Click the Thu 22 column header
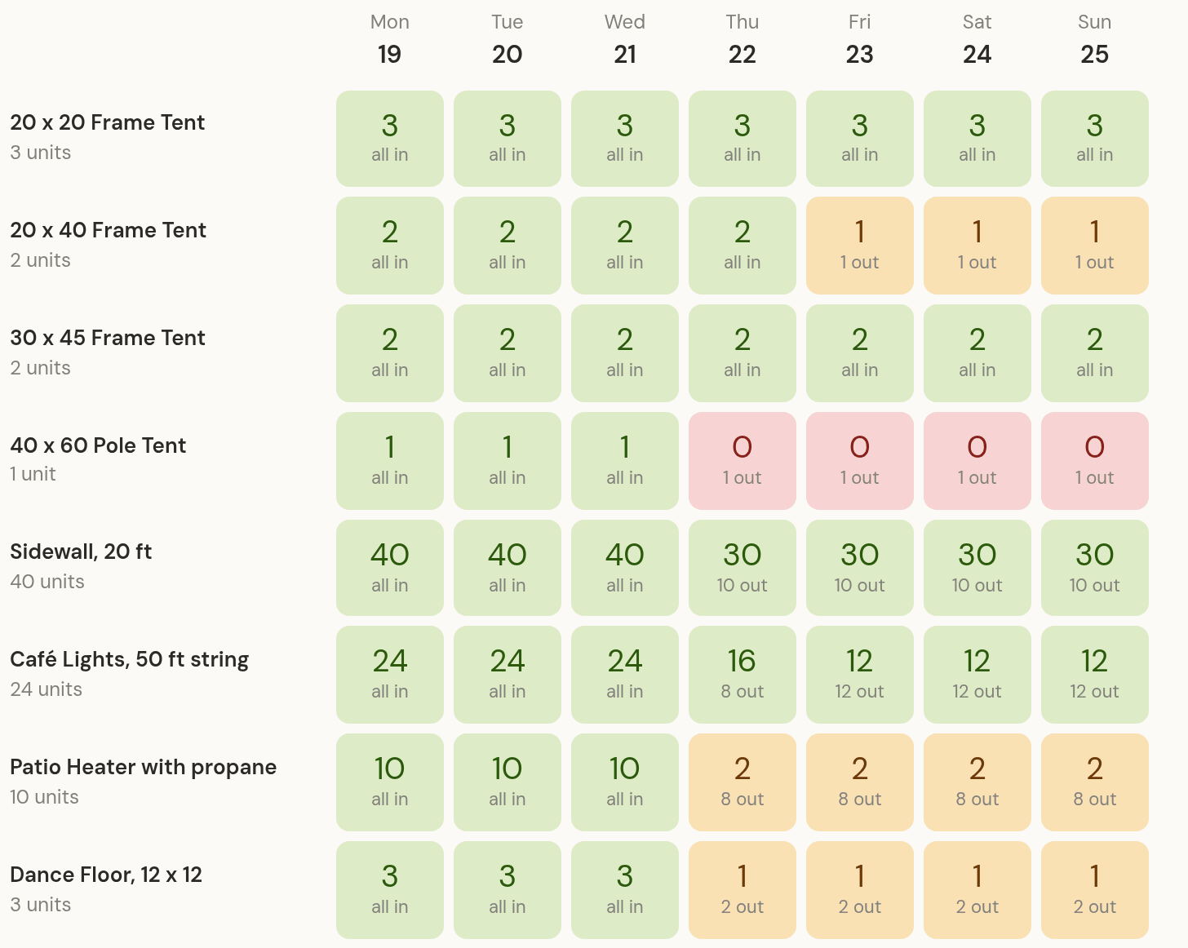[x=742, y=39]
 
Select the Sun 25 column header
[x=1094, y=39]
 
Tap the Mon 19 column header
[x=390, y=39]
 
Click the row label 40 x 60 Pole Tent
[x=98, y=445]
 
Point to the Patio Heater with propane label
[x=143, y=768]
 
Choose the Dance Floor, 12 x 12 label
[x=106, y=875]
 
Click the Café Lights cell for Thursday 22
[x=742, y=674]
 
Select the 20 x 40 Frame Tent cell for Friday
[x=859, y=245]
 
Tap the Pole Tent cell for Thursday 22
[x=742, y=460]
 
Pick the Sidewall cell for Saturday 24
[x=977, y=568]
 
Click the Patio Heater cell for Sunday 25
[x=1095, y=782]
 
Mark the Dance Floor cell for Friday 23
[x=859, y=889]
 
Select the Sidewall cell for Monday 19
[x=390, y=568]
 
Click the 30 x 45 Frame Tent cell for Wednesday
[x=625, y=352]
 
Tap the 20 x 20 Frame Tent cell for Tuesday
[x=508, y=139]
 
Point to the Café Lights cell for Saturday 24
[x=977, y=674]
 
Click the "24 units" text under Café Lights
[x=46, y=689]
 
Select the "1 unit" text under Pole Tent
[x=33, y=474]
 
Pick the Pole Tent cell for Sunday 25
[x=1095, y=460]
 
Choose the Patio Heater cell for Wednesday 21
[x=625, y=782]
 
